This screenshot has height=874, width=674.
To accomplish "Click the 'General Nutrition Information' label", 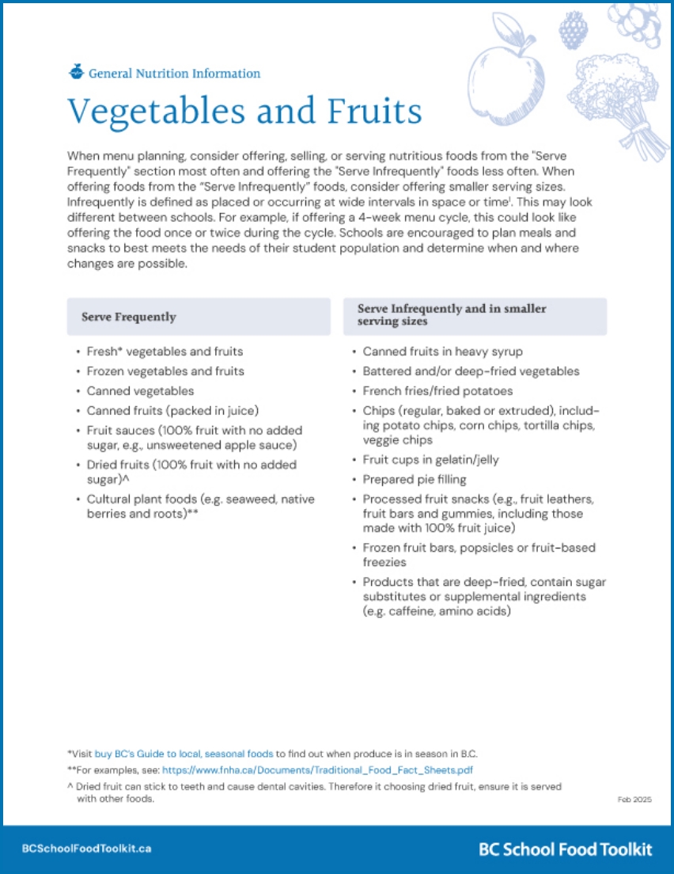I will [174, 74].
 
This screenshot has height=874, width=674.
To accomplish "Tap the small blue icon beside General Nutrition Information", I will [76, 72].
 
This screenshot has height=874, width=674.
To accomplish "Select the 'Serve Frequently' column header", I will [129, 317].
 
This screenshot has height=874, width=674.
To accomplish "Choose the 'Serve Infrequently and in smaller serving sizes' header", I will [452, 315].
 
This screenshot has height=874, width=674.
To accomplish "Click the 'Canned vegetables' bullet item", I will [140, 391].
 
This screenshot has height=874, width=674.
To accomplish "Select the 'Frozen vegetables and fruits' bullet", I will [165, 371].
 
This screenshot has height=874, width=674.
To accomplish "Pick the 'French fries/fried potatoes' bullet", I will [437, 391].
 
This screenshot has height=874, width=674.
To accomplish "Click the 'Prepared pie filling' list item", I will [415, 479].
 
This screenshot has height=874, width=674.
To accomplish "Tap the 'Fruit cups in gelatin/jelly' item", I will [430, 459].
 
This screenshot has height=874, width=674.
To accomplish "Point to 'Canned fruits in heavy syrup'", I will [442, 351].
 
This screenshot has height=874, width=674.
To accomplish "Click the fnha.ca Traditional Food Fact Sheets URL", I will [318, 769].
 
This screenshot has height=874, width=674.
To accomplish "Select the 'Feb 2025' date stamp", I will [634, 800].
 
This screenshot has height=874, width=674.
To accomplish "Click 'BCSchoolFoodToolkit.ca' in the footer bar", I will [86, 849].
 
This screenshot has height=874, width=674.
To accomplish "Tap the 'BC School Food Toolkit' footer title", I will [566, 849].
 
